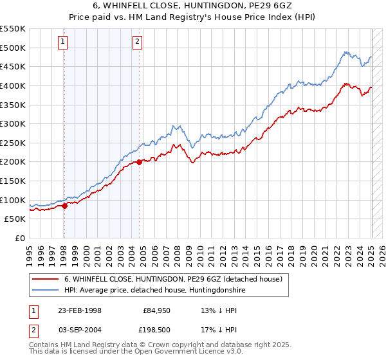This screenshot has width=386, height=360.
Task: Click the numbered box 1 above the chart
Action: coord(63,42)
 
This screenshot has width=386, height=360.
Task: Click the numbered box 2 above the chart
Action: coord(138,42)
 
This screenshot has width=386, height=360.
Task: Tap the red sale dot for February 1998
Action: coord(64,206)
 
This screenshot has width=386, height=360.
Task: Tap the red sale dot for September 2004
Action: coord(139,163)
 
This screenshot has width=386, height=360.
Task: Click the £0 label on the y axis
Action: coord(19,238)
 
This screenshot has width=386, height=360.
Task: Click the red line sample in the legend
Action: coord(45,280)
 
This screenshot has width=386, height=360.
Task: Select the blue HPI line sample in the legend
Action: coord(45,291)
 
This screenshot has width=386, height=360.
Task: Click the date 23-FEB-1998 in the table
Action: coord(80,310)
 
